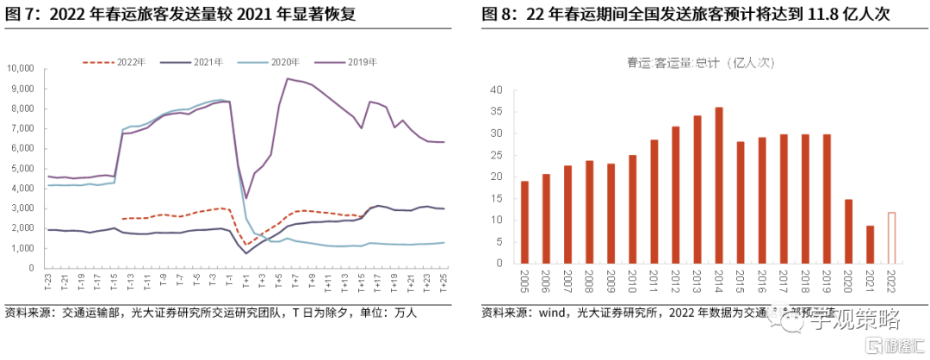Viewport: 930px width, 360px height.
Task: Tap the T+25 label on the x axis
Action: point(443,282)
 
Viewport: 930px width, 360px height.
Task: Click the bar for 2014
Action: point(718,185)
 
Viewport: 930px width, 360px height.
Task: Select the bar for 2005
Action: point(524,222)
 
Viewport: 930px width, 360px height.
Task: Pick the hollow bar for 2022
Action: point(891,238)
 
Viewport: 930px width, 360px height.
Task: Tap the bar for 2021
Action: point(870,245)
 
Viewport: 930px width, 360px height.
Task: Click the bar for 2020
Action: point(848,231)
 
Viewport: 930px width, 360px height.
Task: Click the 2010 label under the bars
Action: point(632,281)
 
